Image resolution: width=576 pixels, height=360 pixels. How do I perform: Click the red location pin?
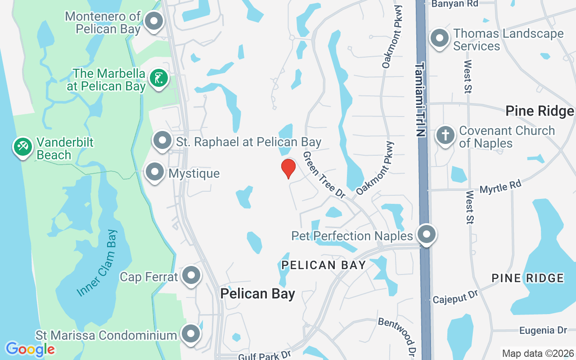(288, 168)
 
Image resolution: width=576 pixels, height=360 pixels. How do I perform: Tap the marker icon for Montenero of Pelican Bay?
(154, 21)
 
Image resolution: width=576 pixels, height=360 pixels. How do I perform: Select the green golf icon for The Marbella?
(158, 79)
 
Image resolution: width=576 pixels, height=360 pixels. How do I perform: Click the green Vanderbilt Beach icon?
(22, 146)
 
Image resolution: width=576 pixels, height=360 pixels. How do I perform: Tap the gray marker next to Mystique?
(155, 172)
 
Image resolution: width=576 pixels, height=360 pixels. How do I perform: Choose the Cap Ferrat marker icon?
(191, 275)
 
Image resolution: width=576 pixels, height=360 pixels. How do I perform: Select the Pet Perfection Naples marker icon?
(426, 234)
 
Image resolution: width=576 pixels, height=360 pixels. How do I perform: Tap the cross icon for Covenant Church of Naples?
(445, 135)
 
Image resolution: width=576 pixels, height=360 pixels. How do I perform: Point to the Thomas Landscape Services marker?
(440, 39)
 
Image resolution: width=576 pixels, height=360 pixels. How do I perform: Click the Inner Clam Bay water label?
(97, 263)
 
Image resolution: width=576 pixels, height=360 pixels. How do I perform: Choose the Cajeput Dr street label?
(455, 297)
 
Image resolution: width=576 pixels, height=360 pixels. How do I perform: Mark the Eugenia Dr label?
(543, 331)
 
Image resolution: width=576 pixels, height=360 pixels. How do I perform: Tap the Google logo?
(30, 349)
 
